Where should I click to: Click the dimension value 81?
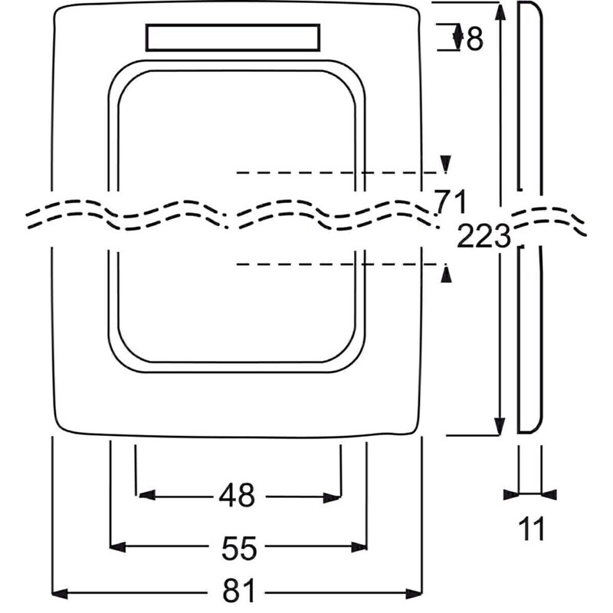click(238, 590)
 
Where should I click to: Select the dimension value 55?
click(239, 548)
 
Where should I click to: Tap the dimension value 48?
click(237, 495)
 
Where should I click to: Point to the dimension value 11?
click(531, 529)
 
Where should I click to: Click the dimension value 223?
click(484, 236)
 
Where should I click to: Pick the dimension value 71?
click(451, 202)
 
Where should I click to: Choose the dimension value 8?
click(475, 39)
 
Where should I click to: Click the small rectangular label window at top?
click(233, 38)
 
